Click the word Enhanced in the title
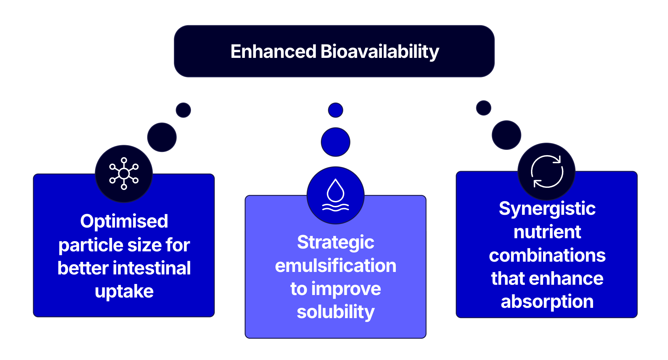273,51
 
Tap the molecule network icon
124,174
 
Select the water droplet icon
335,195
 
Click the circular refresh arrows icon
547,171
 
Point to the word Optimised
124,221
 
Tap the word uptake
124,291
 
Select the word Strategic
335,242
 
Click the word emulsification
335,266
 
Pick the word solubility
335,312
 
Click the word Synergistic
547,208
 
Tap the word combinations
547,255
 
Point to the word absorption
547,302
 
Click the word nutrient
547,232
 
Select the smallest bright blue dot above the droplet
335,110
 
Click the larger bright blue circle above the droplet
335,142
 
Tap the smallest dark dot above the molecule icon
183,110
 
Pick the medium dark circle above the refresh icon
506,135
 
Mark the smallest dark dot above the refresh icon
483,108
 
